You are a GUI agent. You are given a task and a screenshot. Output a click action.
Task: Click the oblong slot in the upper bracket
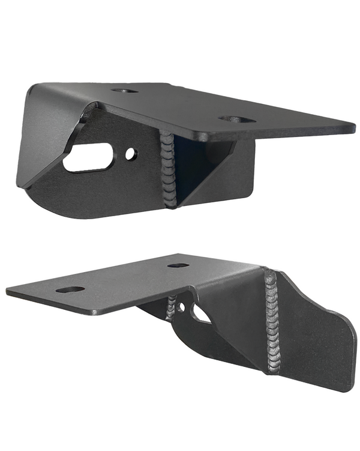[x=88, y=159]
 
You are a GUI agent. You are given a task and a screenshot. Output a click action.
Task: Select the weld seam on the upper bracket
[x=167, y=171]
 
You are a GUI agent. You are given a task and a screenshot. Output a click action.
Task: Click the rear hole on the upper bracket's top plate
[x=124, y=91]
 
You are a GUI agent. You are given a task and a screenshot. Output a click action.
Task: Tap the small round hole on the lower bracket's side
[x=182, y=309]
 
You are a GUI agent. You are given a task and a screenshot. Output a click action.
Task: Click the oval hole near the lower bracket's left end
[x=70, y=289]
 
